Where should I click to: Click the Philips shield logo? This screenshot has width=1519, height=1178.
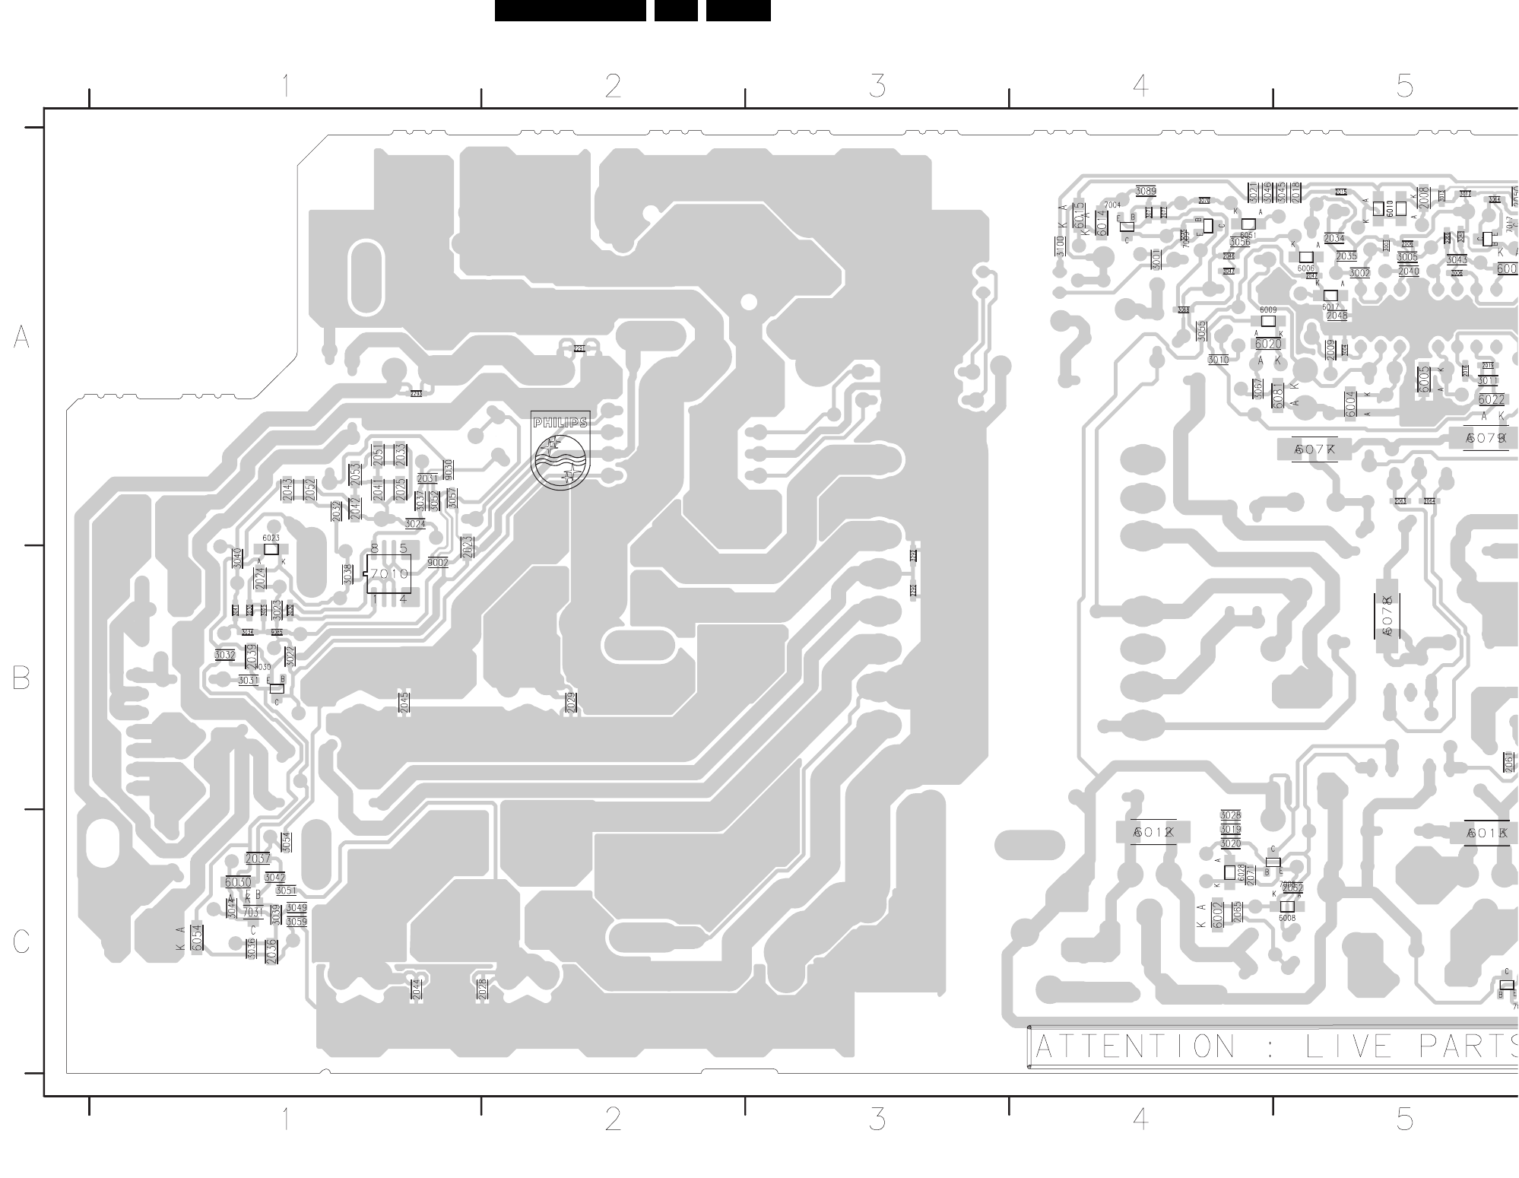(x=560, y=450)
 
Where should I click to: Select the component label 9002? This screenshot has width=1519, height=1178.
(x=438, y=563)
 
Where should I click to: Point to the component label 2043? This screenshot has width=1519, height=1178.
(x=287, y=489)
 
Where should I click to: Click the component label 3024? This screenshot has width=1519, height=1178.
(x=415, y=524)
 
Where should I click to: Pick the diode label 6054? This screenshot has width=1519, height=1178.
(x=198, y=937)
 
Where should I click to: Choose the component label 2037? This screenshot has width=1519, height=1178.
(x=258, y=859)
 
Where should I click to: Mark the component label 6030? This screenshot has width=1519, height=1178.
(x=237, y=882)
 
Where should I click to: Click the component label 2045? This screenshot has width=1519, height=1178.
(x=404, y=703)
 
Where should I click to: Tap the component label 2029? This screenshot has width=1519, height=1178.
(x=571, y=703)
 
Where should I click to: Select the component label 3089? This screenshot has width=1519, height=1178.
(x=1146, y=192)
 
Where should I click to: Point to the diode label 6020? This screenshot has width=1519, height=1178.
(x=1268, y=345)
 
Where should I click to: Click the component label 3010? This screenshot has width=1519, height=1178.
(x=1218, y=360)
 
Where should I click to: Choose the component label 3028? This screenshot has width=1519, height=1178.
(x=1230, y=815)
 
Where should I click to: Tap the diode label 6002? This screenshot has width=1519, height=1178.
(x=1218, y=915)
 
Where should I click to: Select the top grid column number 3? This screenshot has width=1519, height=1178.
(x=877, y=86)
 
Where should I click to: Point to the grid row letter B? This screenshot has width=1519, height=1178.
(x=21, y=678)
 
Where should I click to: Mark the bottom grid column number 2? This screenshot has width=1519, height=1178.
(x=613, y=1119)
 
